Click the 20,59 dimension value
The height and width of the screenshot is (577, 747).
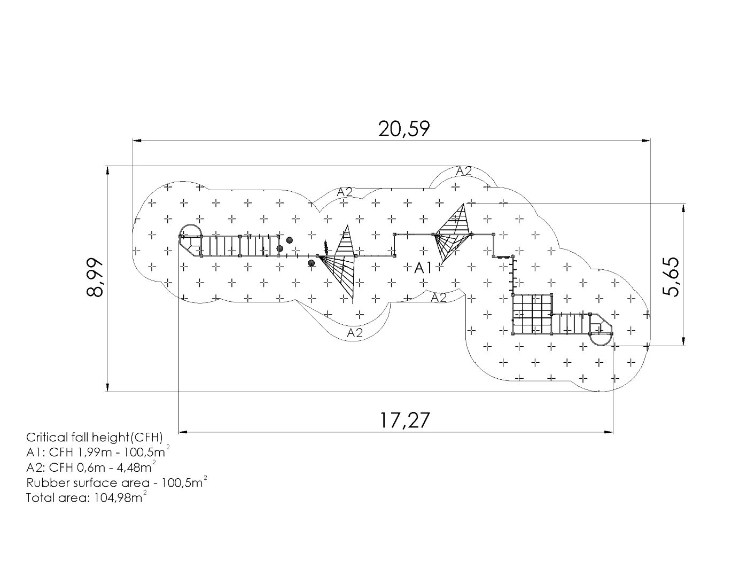tap(403, 129)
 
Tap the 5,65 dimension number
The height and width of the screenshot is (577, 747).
tap(671, 276)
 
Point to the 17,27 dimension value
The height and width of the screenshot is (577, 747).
tap(404, 420)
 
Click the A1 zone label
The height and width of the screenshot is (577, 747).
tap(423, 268)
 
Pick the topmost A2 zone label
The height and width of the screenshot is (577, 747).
tap(464, 171)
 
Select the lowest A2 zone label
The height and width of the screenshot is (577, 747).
tap(355, 333)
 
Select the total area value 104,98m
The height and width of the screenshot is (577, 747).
tap(113, 498)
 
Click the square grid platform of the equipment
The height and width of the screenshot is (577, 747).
tap(532, 314)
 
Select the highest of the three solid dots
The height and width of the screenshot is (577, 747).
tap(290, 240)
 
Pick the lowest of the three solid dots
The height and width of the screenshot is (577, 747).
tap(311, 263)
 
